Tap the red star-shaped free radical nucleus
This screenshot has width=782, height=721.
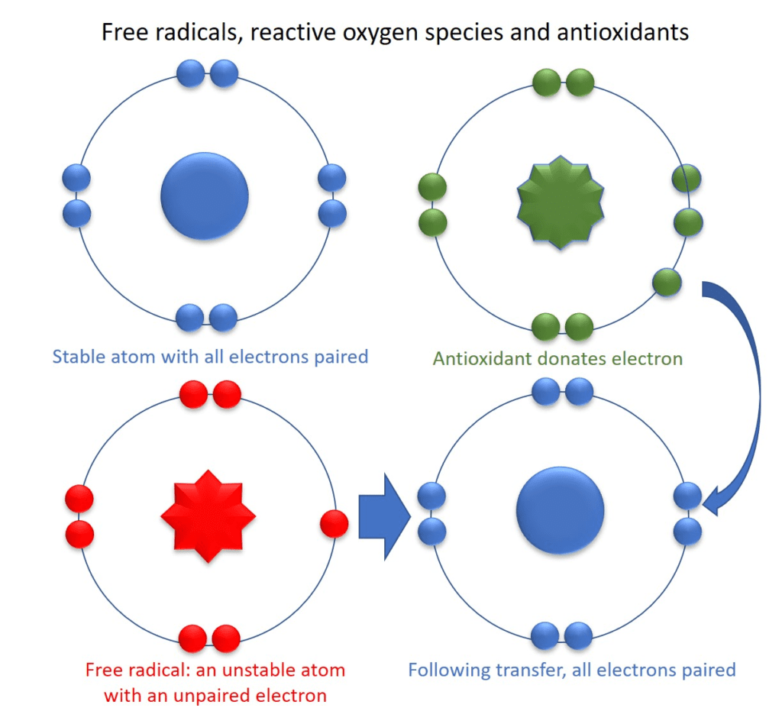[x=208, y=517]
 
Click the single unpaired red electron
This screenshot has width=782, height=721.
[x=334, y=524]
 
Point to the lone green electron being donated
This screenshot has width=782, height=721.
[x=666, y=283]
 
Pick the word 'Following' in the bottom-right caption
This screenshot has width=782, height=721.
[x=447, y=670]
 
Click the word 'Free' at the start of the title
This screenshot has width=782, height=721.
[x=120, y=33]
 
